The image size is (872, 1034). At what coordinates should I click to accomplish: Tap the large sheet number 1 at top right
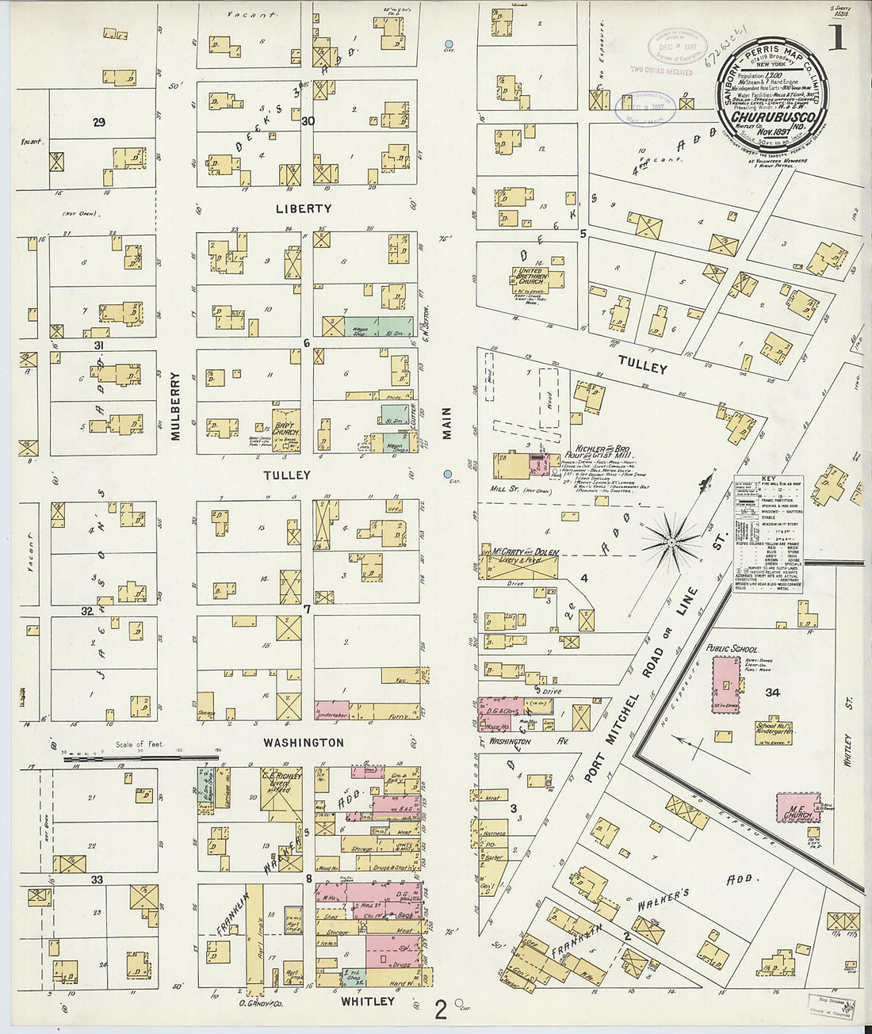[836, 37]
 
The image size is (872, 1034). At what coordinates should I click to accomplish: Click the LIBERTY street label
[304, 208]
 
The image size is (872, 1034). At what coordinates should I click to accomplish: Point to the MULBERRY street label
[176, 406]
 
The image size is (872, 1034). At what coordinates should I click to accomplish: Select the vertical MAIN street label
[446, 423]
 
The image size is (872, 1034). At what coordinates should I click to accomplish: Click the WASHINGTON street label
[304, 742]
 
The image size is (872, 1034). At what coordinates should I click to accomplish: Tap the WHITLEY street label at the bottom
[367, 1001]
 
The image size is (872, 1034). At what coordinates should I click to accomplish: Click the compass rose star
[671, 542]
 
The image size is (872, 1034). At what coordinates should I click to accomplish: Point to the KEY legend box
[767, 535]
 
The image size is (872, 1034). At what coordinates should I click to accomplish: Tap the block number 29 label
[98, 122]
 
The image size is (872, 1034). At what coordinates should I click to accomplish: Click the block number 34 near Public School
[772, 693]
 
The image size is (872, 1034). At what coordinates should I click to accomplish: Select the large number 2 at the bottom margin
[441, 1009]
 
